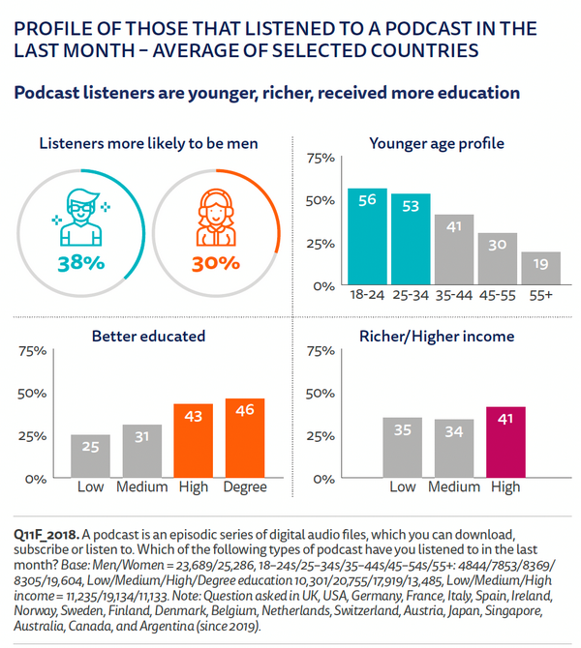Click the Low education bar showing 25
click(90, 456)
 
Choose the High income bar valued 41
click(504, 442)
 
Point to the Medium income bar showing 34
click(454, 448)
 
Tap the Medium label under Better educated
click(141, 486)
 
